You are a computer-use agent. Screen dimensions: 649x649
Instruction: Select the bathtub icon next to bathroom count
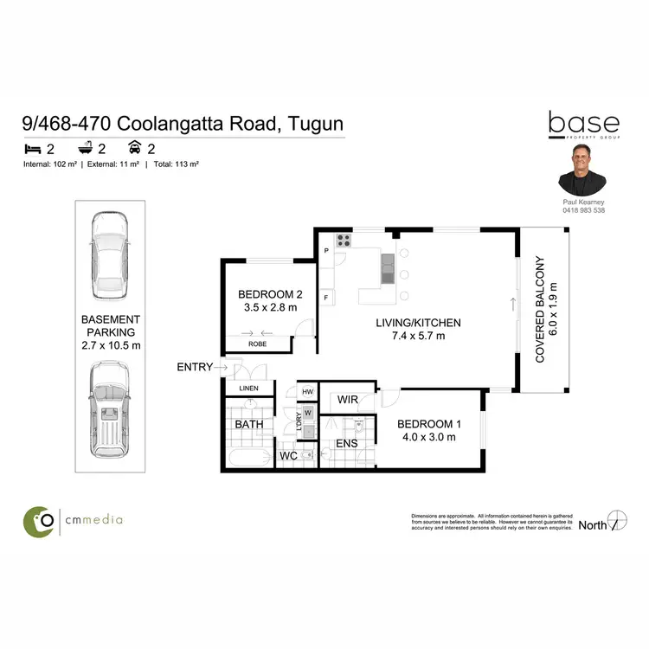point(83,146)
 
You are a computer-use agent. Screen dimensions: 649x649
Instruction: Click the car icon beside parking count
point(135,146)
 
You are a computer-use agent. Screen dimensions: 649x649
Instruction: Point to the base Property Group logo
point(583,127)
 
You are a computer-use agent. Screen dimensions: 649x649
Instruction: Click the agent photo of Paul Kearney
point(582,170)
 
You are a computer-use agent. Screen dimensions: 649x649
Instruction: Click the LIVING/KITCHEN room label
point(417,323)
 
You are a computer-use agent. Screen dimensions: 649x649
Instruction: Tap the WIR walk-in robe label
point(349,401)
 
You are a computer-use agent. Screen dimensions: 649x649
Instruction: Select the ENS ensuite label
point(346,444)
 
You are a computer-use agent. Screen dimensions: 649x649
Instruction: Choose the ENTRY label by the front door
point(194,367)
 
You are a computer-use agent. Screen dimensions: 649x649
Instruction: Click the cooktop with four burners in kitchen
point(343,241)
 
